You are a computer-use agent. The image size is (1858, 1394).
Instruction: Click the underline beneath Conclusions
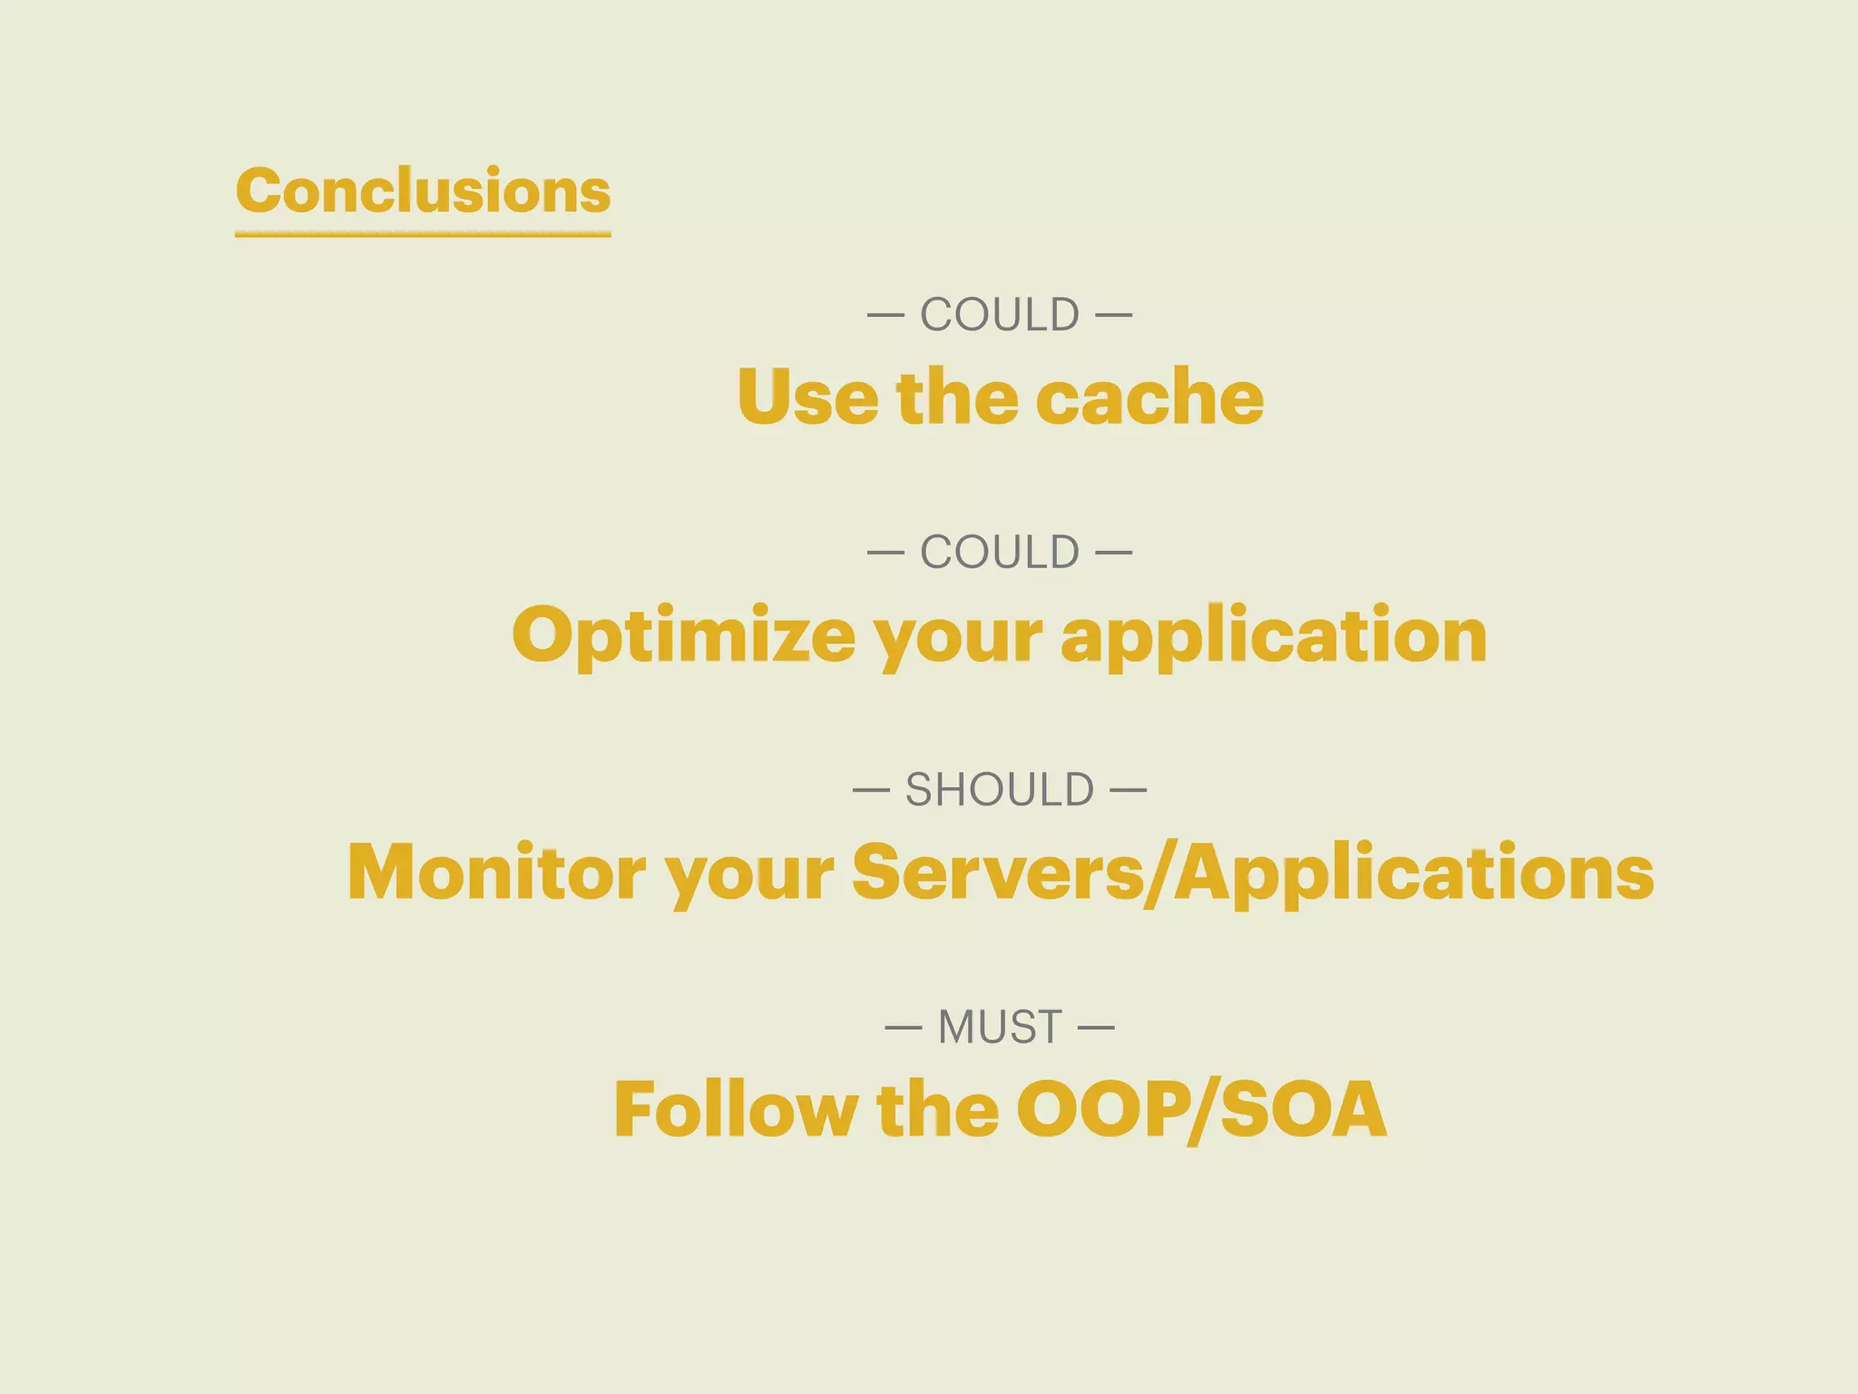point(423,234)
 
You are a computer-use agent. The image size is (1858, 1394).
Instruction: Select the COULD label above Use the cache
point(1000,316)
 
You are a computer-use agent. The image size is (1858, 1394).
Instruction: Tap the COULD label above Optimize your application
point(1000,553)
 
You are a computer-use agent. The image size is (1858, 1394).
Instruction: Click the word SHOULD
point(1000,790)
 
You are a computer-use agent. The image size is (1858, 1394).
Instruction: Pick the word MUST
point(1000,1027)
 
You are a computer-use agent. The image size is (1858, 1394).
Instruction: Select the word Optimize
point(683,634)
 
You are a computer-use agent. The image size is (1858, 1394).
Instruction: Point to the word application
point(1274,634)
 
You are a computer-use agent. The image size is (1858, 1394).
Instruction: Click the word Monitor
point(496,872)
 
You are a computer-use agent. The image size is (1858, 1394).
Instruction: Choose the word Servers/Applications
point(1253,872)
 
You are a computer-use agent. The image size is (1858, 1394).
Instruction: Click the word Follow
point(735,1109)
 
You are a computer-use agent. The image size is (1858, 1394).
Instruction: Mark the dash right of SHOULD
point(1128,790)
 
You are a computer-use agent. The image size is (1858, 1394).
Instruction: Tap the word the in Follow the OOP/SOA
point(937,1109)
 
